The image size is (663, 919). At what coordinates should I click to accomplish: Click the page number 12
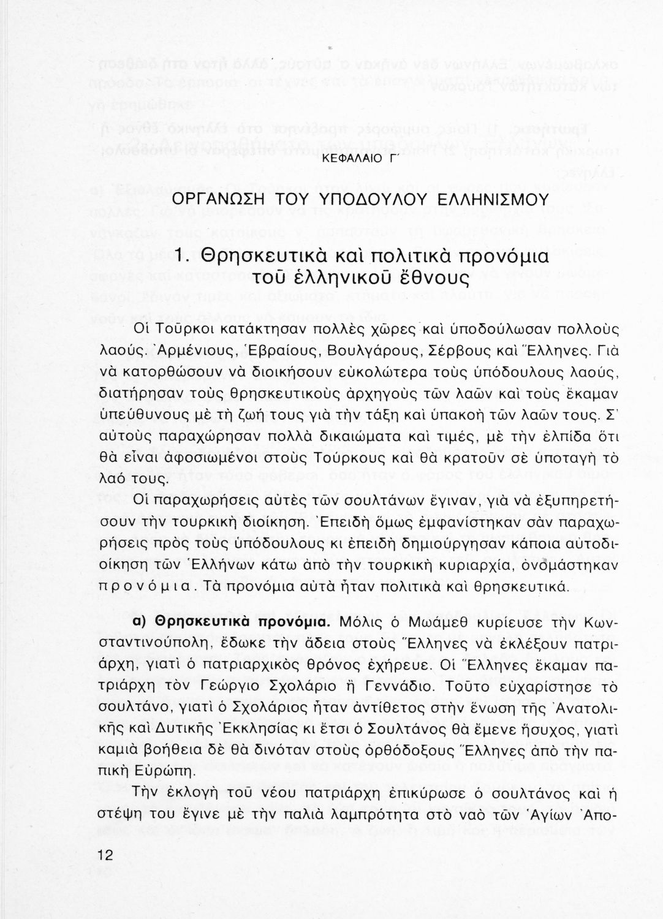pyautogui.click(x=106, y=855)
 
